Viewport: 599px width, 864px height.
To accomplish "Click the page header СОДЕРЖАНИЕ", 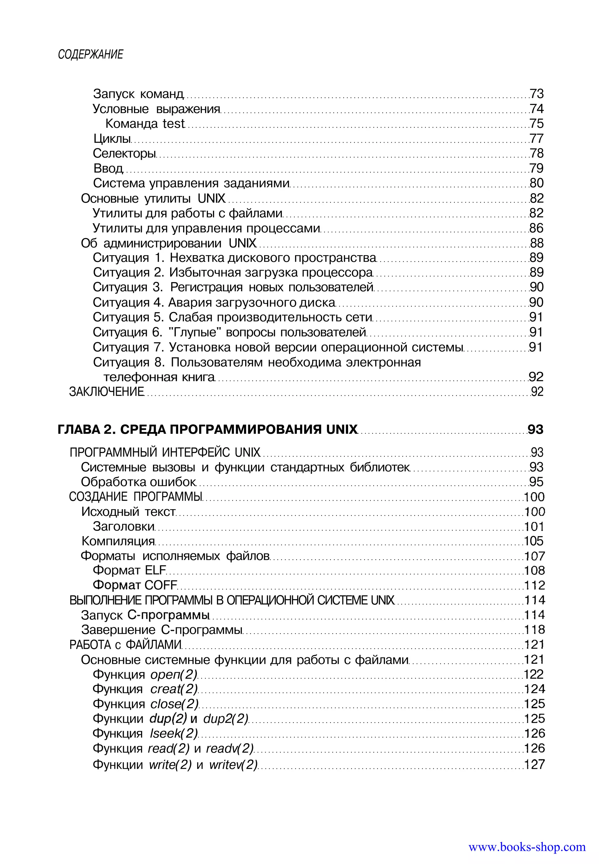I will [90, 54].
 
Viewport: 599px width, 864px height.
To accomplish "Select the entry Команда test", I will [145, 123].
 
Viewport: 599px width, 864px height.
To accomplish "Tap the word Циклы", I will [112, 139].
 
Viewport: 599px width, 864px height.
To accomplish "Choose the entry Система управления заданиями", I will [191, 183].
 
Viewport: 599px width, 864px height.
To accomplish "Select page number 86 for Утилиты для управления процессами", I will [536, 228].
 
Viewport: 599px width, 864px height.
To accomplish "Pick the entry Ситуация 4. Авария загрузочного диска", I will [214, 302].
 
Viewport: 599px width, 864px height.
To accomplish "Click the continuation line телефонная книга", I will [159, 377].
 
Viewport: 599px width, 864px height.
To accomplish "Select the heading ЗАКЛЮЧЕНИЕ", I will [106, 391].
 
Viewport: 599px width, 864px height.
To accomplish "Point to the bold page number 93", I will [535, 429].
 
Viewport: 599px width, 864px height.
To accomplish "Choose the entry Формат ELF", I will [129, 570].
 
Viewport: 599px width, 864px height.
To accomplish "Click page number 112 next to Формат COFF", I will [534, 585].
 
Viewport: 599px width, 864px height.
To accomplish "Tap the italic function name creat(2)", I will [174, 689].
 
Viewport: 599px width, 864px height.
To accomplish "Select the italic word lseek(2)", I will [173, 733].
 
